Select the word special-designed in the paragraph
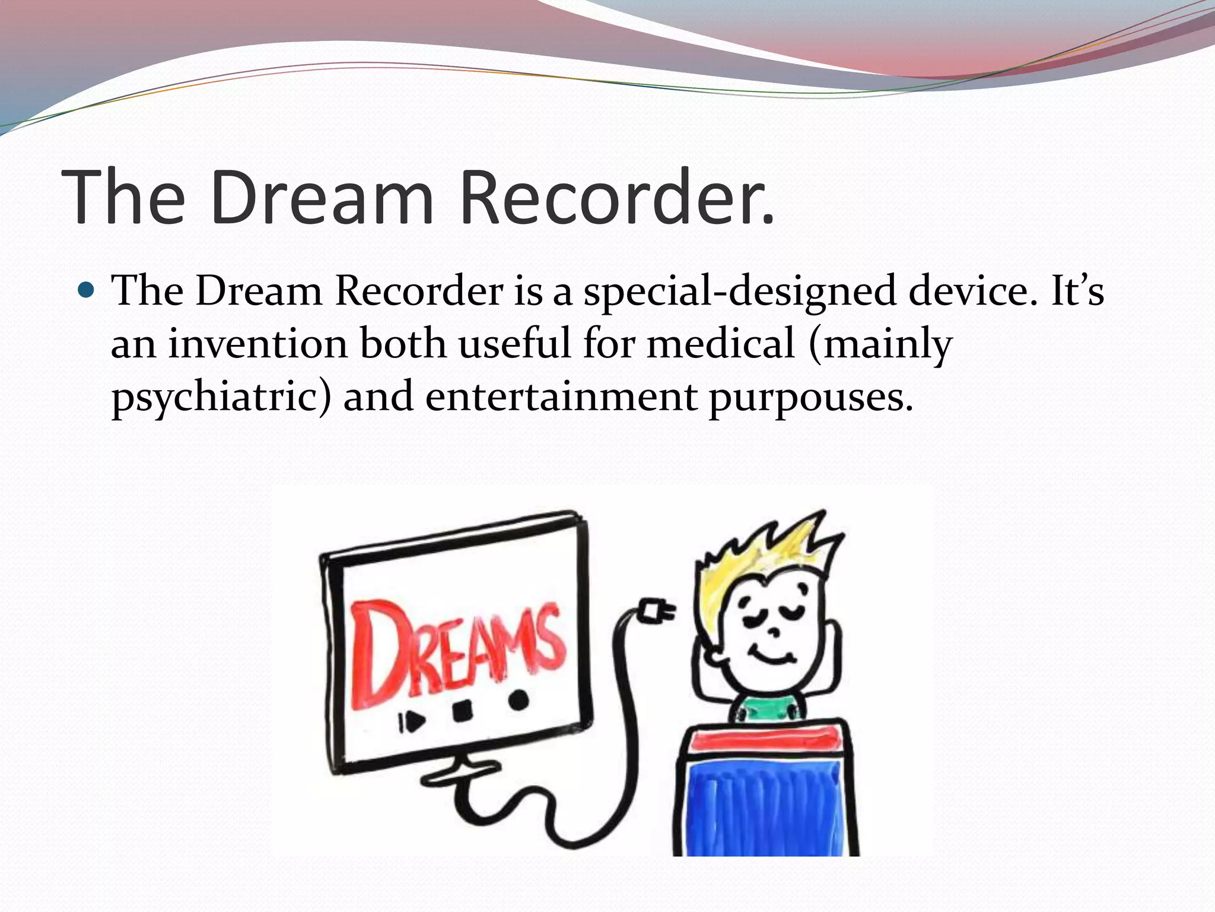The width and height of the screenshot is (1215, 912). [739, 292]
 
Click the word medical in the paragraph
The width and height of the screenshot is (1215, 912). [720, 344]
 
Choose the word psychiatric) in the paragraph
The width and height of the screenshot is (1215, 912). [221, 397]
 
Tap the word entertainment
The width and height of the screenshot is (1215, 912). [561, 397]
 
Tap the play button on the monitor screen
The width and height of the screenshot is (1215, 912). [414, 721]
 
